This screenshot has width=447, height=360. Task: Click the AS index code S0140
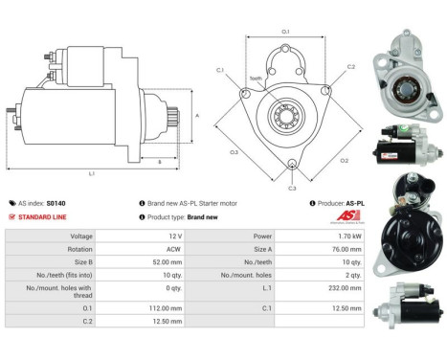click(x=57, y=203)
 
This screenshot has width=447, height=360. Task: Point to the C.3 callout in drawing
click(x=293, y=189)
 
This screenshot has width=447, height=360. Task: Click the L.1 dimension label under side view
click(x=92, y=173)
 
